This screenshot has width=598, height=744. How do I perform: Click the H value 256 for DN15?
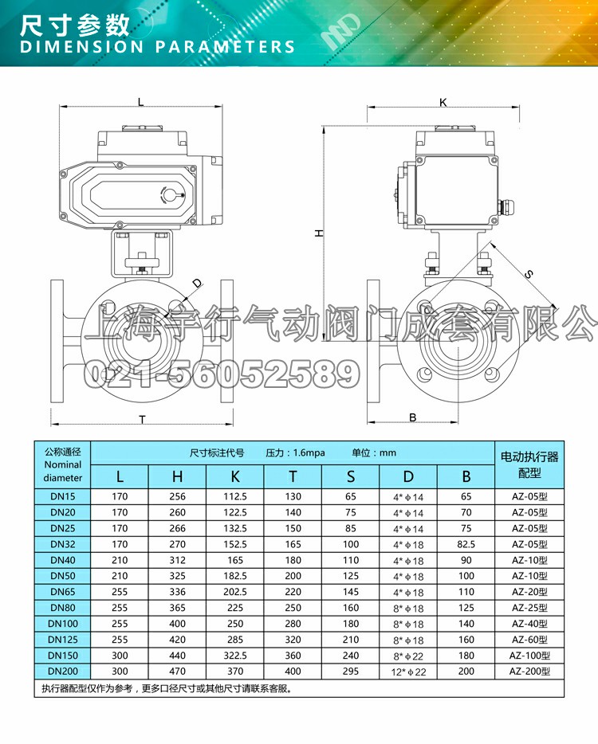click(177, 496)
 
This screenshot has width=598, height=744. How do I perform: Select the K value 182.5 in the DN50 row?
click(235, 576)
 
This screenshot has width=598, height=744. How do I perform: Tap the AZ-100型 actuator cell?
click(529, 656)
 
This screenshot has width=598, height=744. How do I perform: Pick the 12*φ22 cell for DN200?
click(408, 672)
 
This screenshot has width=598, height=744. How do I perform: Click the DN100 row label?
click(63, 624)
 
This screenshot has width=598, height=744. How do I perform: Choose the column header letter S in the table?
click(351, 476)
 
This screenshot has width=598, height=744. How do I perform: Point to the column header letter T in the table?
click(293, 476)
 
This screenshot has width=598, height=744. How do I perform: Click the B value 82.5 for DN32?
click(466, 544)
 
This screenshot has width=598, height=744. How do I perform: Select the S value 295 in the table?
click(351, 672)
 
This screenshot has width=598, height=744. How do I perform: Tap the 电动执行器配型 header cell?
click(529, 464)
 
